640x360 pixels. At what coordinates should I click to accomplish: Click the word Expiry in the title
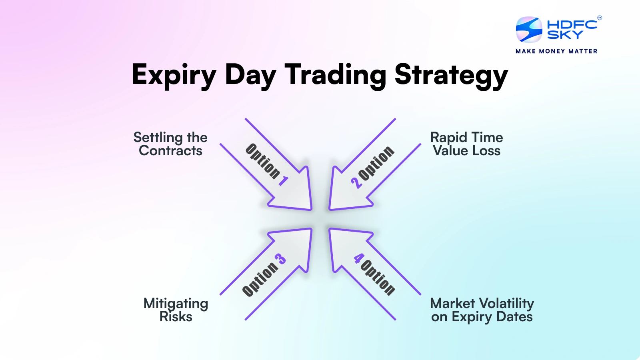pyautogui.click(x=174, y=75)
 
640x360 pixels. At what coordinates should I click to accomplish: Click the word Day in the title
pyautogui.click(x=250, y=75)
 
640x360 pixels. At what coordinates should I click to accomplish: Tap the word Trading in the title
pyautogui.click(x=335, y=74)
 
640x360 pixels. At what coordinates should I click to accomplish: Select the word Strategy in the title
pyautogui.click(x=451, y=75)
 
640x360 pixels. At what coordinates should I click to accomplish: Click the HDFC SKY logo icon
pyautogui.click(x=529, y=30)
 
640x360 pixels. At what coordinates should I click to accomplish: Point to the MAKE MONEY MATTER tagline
pyautogui.click(x=556, y=51)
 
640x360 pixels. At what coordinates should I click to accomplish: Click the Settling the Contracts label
pyautogui.click(x=170, y=144)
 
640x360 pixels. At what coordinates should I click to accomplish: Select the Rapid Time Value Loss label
pyautogui.click(x=466, y=144)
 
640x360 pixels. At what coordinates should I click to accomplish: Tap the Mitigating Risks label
pyautogui.click(x=176, y=310)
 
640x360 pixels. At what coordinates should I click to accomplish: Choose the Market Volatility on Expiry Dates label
pyautogui.click(x=482, y=310)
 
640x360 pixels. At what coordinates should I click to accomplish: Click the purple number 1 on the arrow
pyautogui.click(x=284, y=181)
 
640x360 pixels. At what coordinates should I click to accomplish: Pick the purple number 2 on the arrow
pyautogui.click(x=356, y=183)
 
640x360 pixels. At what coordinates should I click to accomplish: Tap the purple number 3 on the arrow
pyautogui.click(x=281, y=259)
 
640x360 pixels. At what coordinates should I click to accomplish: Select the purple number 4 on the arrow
pyautogui.click(x=358, y=258)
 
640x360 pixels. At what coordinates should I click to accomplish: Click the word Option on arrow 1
pyautogui.click(x=262, y=161)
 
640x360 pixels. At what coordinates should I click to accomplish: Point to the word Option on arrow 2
pyautogui.click(x=376, y=163)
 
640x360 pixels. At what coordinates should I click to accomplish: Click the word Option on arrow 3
pyautogui.click(x=260, y=279)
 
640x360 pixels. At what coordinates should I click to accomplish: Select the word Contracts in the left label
pyautogui.click(x=170, y=151)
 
